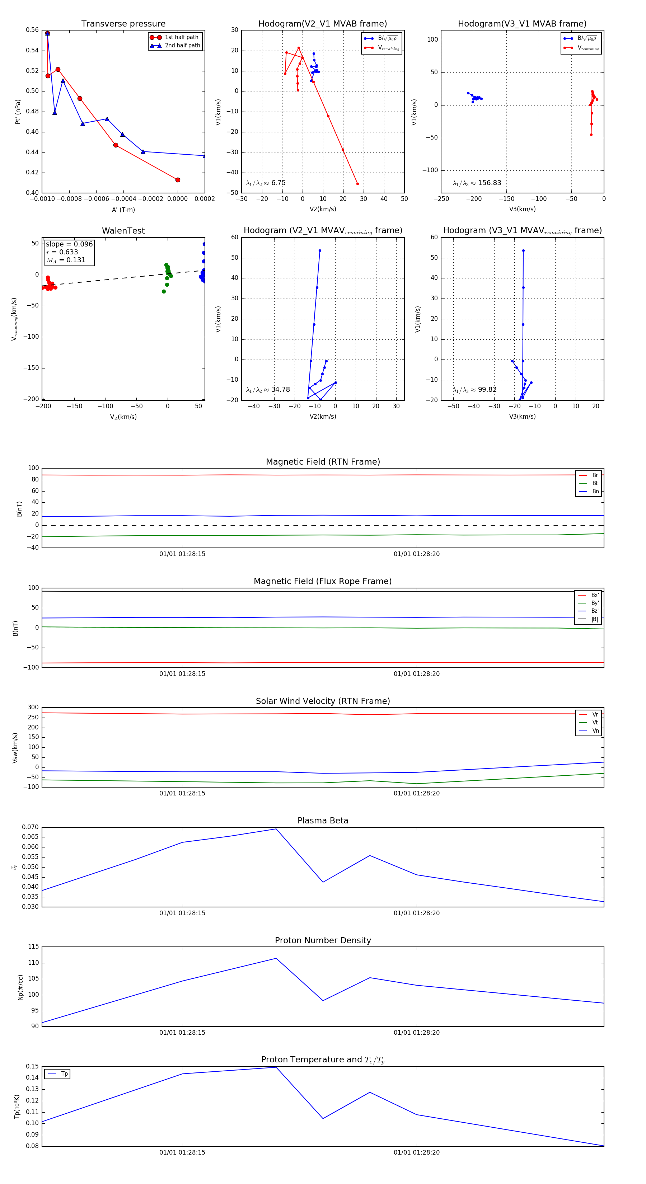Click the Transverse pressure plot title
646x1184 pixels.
(x=123, y=24)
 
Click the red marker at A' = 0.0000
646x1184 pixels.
(x=178, y=180)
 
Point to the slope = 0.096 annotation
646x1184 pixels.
(x=69, y=244)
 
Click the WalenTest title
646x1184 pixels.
(x=123, y=231)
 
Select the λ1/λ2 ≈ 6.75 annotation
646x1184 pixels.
(x=266, y=183)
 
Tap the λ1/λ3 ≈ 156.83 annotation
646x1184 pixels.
(x=477, y=183)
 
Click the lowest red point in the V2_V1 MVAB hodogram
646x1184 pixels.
(x=357, y=184)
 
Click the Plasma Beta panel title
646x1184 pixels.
(x=323, y=821)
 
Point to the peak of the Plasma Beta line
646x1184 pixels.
(x=276, y=829)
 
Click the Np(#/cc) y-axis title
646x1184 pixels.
(x=20, y=987)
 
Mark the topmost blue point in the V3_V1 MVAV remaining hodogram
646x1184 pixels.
(x=523, y=250)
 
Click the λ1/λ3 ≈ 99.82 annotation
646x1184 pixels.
(x=474, y=390)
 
